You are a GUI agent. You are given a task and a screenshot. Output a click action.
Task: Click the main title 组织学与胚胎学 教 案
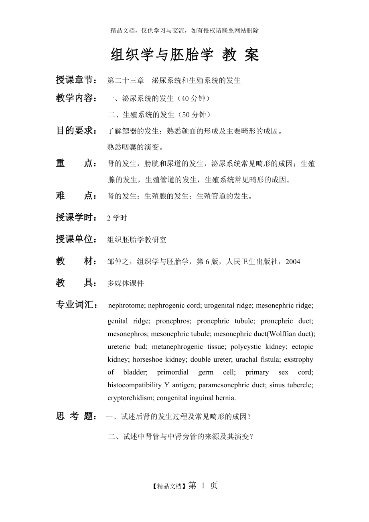click(x=185, y=55)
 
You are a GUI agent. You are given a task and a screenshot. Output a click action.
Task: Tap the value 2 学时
click(x=117, y=218)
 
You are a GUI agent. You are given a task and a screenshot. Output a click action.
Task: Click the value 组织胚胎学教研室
click(x=137, y=240)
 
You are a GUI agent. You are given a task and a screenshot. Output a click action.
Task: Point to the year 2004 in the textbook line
click(x=293, y=262)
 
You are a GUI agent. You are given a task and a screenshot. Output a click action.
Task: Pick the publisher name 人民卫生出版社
click(x=255, y=262)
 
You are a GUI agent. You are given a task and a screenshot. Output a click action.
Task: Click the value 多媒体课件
click(x=126, y=283)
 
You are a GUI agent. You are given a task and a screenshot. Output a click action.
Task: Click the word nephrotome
click(x=126, y=306)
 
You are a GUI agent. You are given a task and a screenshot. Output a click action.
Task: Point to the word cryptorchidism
click(x=130, y=398)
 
